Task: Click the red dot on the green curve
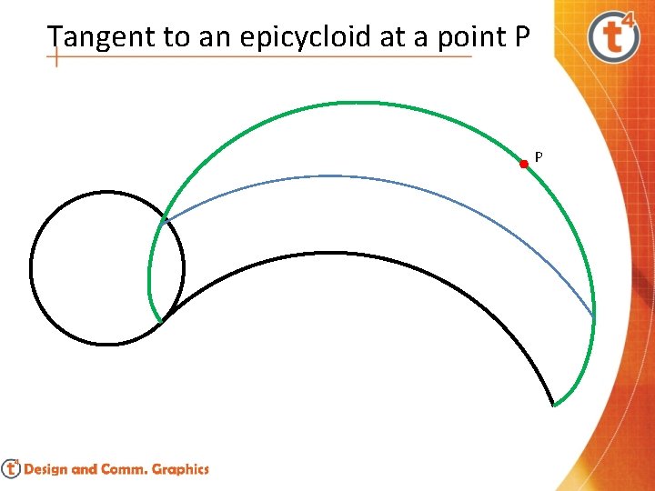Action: coord(524,165)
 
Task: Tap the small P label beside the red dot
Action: coord(539,157)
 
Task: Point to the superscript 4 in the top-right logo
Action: coord(630,20)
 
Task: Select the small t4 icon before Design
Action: coord(11,469)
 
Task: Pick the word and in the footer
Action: coord(86,470)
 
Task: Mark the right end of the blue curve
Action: coord(593,318)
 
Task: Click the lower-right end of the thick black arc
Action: coord(553,403)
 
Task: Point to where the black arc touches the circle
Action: coord(161,319)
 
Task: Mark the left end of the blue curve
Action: coord(163,221)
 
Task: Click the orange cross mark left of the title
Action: coord(56,56)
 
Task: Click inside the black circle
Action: coord(106,268)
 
